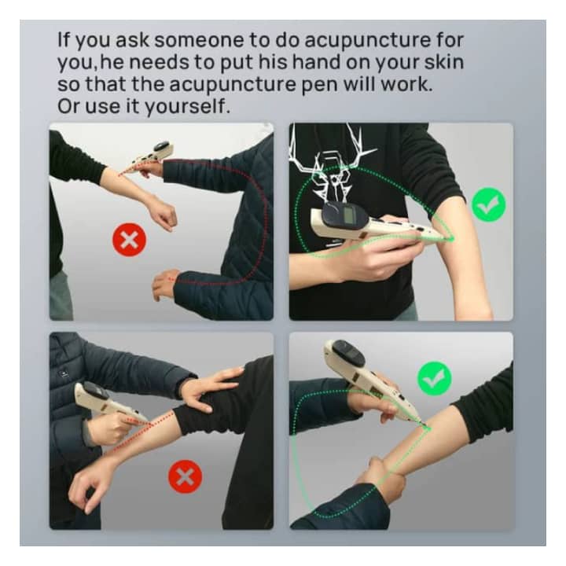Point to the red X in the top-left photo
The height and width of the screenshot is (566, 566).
point(129,240)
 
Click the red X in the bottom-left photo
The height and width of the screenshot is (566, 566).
point(186,476)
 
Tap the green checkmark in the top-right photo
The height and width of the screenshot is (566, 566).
point(489,204)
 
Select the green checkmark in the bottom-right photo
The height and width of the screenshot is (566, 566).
point(434,378)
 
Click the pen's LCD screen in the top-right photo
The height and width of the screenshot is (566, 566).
point(349,215)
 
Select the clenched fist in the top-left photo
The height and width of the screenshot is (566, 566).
point(163,216)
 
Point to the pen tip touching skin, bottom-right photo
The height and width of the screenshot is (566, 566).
point(428,428)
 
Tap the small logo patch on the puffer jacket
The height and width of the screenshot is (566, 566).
point(64,374)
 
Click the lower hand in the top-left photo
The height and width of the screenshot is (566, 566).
point(164,283)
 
